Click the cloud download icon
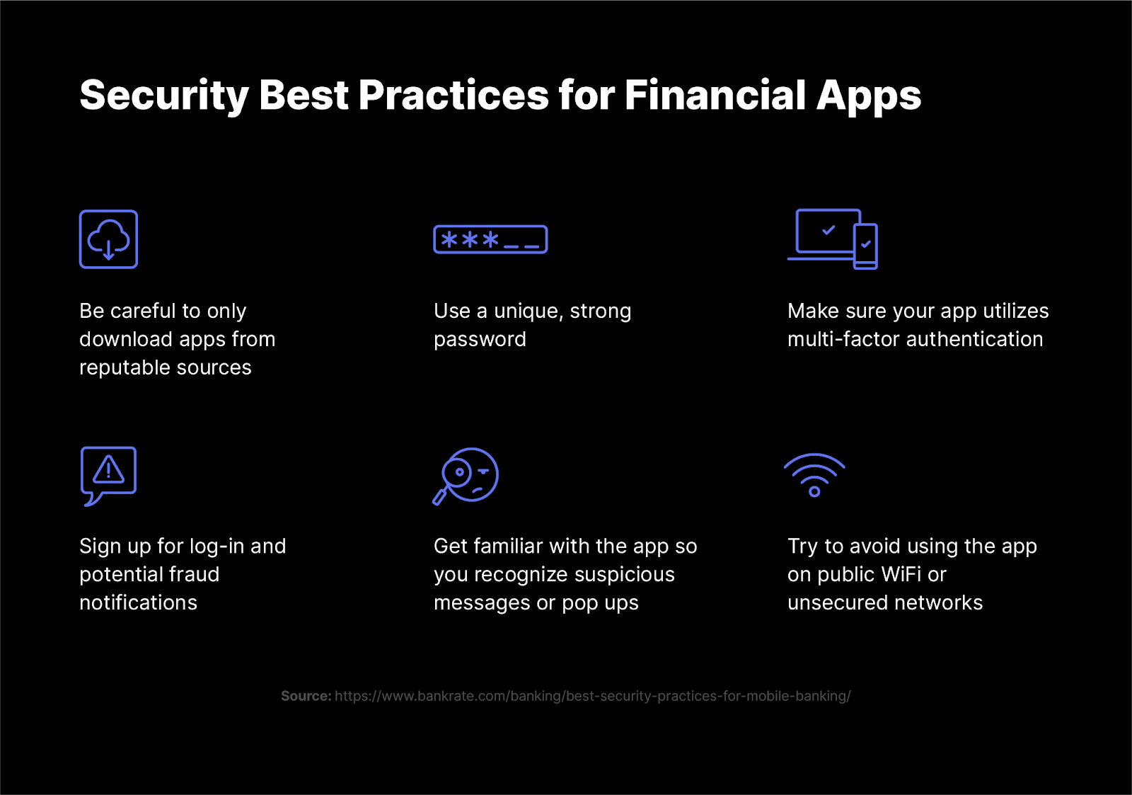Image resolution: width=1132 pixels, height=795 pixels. tap(108, 239)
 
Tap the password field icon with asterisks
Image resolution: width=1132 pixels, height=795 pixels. tap(490, 240)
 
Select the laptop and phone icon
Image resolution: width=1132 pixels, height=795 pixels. tap(832, 239)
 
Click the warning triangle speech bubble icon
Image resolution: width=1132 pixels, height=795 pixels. tap(108, 475)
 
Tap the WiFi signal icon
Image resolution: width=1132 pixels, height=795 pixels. tap(814, 475)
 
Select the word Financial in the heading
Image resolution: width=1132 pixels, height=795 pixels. tap(715, 95)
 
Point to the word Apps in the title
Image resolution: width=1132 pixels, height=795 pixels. tap(869, 96)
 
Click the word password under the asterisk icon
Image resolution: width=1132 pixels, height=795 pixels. tap(480, 340)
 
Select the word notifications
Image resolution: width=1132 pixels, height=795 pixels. tap(138, 602)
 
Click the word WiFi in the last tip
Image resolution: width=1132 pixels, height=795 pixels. tap(901, 574)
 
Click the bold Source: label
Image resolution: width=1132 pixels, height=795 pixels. tap(306, 696)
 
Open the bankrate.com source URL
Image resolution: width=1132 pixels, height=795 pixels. tap(592, 696)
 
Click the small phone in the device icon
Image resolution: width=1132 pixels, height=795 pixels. tap(865, 246)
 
